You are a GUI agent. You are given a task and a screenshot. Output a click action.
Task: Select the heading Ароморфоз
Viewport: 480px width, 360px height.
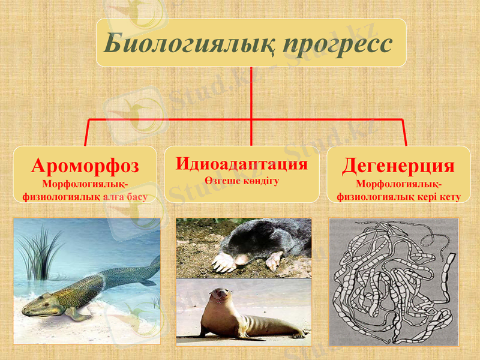click(x=85, y=166)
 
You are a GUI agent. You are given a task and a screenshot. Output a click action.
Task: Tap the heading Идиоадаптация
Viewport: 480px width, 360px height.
click(x=242, y=164)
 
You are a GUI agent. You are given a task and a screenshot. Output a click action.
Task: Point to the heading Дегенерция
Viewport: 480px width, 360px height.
click(x=398, y=166)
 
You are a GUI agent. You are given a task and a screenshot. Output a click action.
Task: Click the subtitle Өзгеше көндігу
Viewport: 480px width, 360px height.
click(x=242, y=181)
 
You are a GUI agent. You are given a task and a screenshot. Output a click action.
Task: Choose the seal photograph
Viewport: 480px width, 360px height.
click(x=244, y=313)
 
